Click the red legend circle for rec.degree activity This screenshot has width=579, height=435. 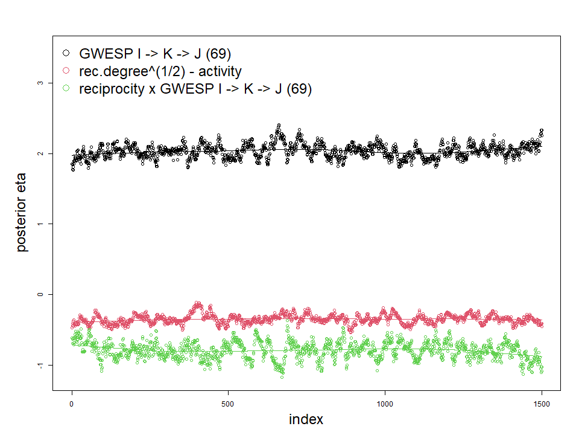click(66, 71)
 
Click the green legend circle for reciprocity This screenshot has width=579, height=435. click(66, 89)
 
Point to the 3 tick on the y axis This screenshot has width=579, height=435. click(41, 83)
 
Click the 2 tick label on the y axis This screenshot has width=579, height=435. click(41, 153)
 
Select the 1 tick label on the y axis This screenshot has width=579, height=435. click(41, 224)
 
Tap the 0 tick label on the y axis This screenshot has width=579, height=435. click(41, 294)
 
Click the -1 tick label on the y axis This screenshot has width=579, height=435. click(41, 365)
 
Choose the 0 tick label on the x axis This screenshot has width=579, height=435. click(72, 403)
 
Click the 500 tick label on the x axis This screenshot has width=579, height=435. click(229, 403)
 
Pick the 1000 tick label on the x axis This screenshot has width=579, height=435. click(385, 403)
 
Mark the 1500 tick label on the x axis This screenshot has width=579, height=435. click(542, 403)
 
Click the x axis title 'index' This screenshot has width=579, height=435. click(306, 419)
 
